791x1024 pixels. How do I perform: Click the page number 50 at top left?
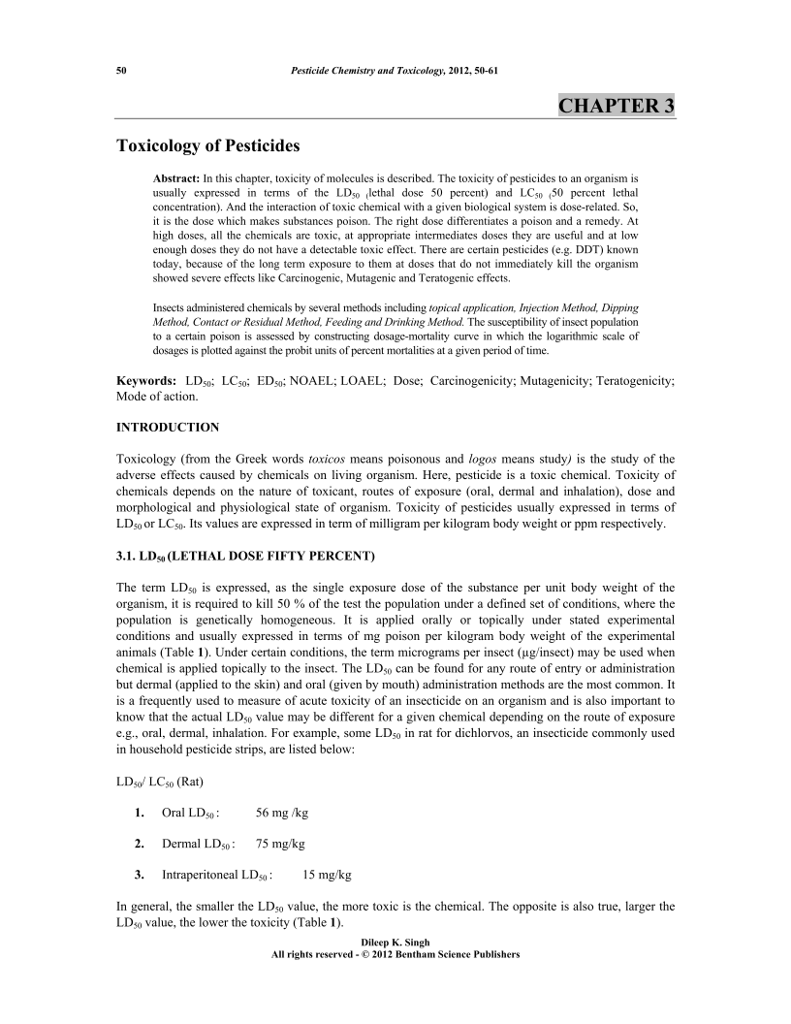point(122,71)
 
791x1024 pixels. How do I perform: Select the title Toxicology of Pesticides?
point(208,146)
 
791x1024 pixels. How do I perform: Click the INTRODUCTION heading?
point(168,427)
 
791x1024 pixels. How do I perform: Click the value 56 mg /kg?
point(282,812)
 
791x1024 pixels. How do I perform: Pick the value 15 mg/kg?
point(328,875)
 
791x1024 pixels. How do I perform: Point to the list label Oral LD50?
point(190,812)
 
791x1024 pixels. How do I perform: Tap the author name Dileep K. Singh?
point(395,943)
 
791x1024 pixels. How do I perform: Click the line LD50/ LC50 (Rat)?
point(161,780)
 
